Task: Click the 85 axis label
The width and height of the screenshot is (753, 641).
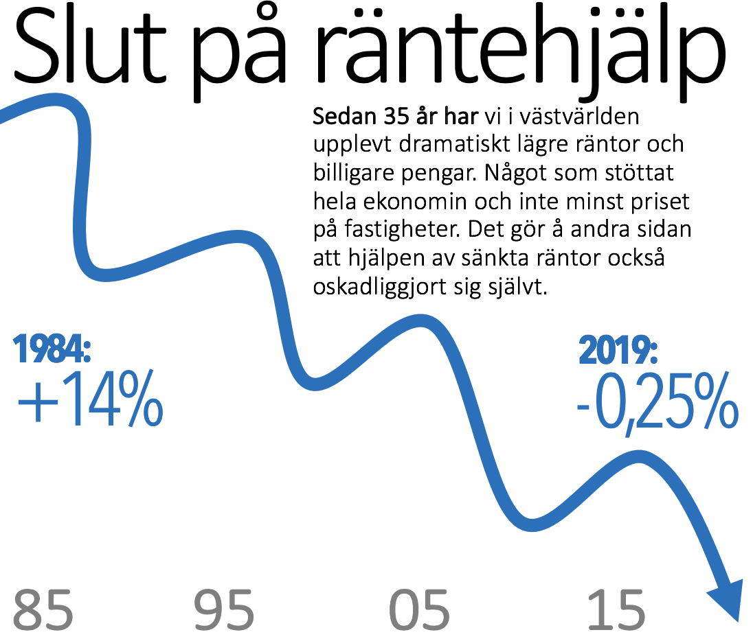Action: (x=43, y=609)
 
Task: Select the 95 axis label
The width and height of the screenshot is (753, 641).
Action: (x=224, y=609)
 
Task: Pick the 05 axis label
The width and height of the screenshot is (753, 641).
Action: (x=420, y=609)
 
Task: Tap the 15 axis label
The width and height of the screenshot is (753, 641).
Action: (x=616, y=609)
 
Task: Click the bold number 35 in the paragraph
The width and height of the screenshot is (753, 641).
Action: (x=390, y=117)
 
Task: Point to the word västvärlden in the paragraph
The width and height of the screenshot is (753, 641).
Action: (x=581, y=117)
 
